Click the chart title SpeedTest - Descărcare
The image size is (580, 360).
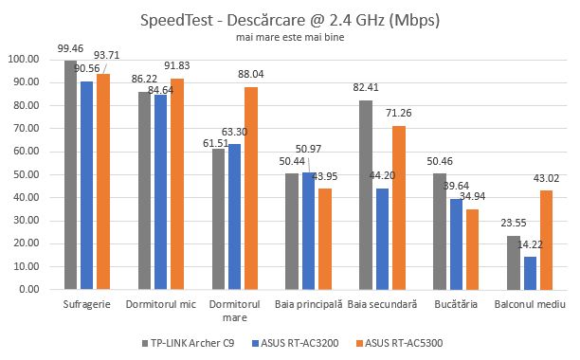(x=290, y=21)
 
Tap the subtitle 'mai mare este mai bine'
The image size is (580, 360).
(x=290, y=39)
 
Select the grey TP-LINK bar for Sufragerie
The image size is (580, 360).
(x=71, y=175)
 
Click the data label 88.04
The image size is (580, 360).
(x=251, y=76)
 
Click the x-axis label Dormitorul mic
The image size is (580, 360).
(x=161, y=304)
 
